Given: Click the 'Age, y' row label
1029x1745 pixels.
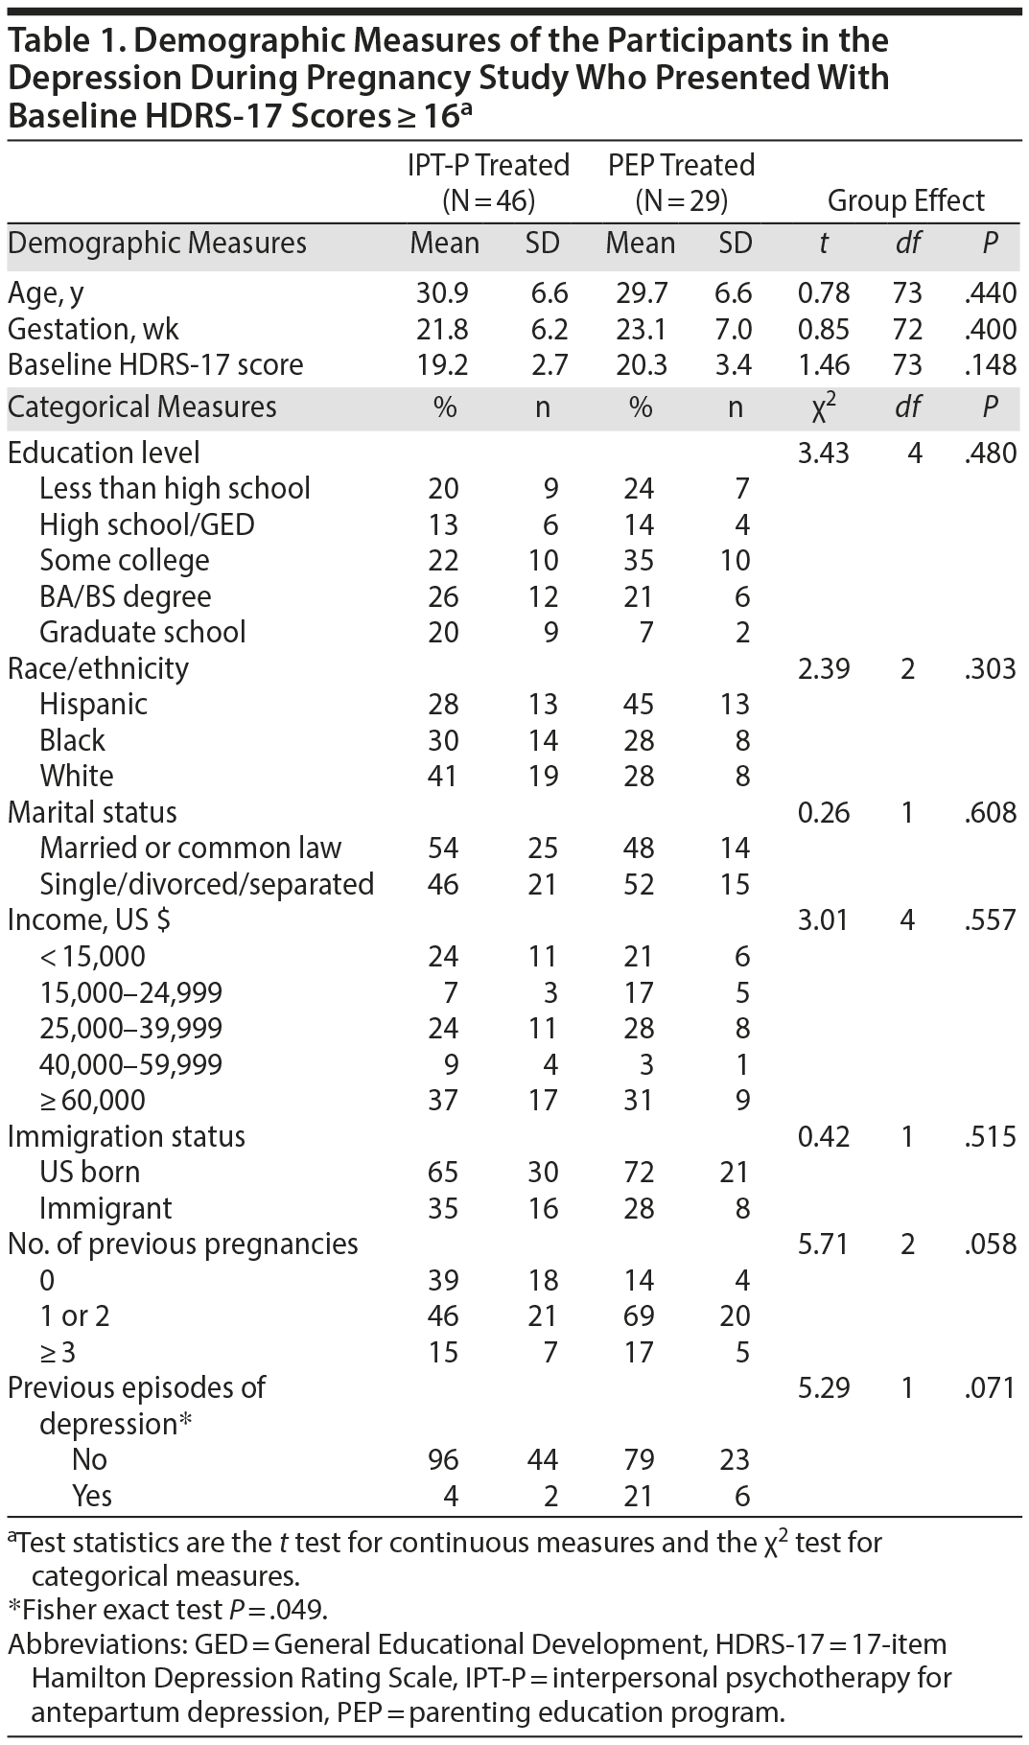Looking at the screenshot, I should pyautogui.click(x=52, y=293).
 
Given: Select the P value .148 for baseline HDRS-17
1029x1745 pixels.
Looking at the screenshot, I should pyautogui.click(x=991, y=365).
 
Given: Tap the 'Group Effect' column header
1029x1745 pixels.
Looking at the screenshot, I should pyautogui.click(x=905, y=200).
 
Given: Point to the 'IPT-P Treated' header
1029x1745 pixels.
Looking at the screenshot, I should pyautogui.click(x=488, y=165).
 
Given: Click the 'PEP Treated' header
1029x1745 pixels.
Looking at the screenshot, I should pyautogui.click(x=681, y=165).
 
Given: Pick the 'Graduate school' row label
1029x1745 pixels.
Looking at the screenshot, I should pyautogui.click(x=142, y=632).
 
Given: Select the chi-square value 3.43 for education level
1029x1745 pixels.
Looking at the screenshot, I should pyautogui.click(x=823, y=453).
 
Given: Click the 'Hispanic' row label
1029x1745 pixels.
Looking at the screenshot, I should pyautogui.click(x=93, y=704).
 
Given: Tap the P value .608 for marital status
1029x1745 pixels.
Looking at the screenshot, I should pyautogui.click(x=991, y=812).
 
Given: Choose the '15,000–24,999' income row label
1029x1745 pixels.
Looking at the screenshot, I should pyautogui.click(x=130, y=992).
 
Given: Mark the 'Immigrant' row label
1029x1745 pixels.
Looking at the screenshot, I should pyautogui.click(x=105, y=1208).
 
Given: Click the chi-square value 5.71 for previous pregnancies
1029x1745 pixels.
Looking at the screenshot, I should pyautogui.click(x=823, y=1245).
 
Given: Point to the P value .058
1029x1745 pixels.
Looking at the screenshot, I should pyautogui.click(x=991, y=1245).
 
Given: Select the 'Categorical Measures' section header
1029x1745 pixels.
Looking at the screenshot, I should pyautogui.click(x=142, y=407).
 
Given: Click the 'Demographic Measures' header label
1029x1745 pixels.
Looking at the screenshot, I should pyautogui.click(x=157, y=244).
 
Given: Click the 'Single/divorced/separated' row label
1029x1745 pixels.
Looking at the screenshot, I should pyautogui.click(x=206, y=884).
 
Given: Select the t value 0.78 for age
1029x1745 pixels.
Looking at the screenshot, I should pyautogui.click(x=823, y=293).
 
